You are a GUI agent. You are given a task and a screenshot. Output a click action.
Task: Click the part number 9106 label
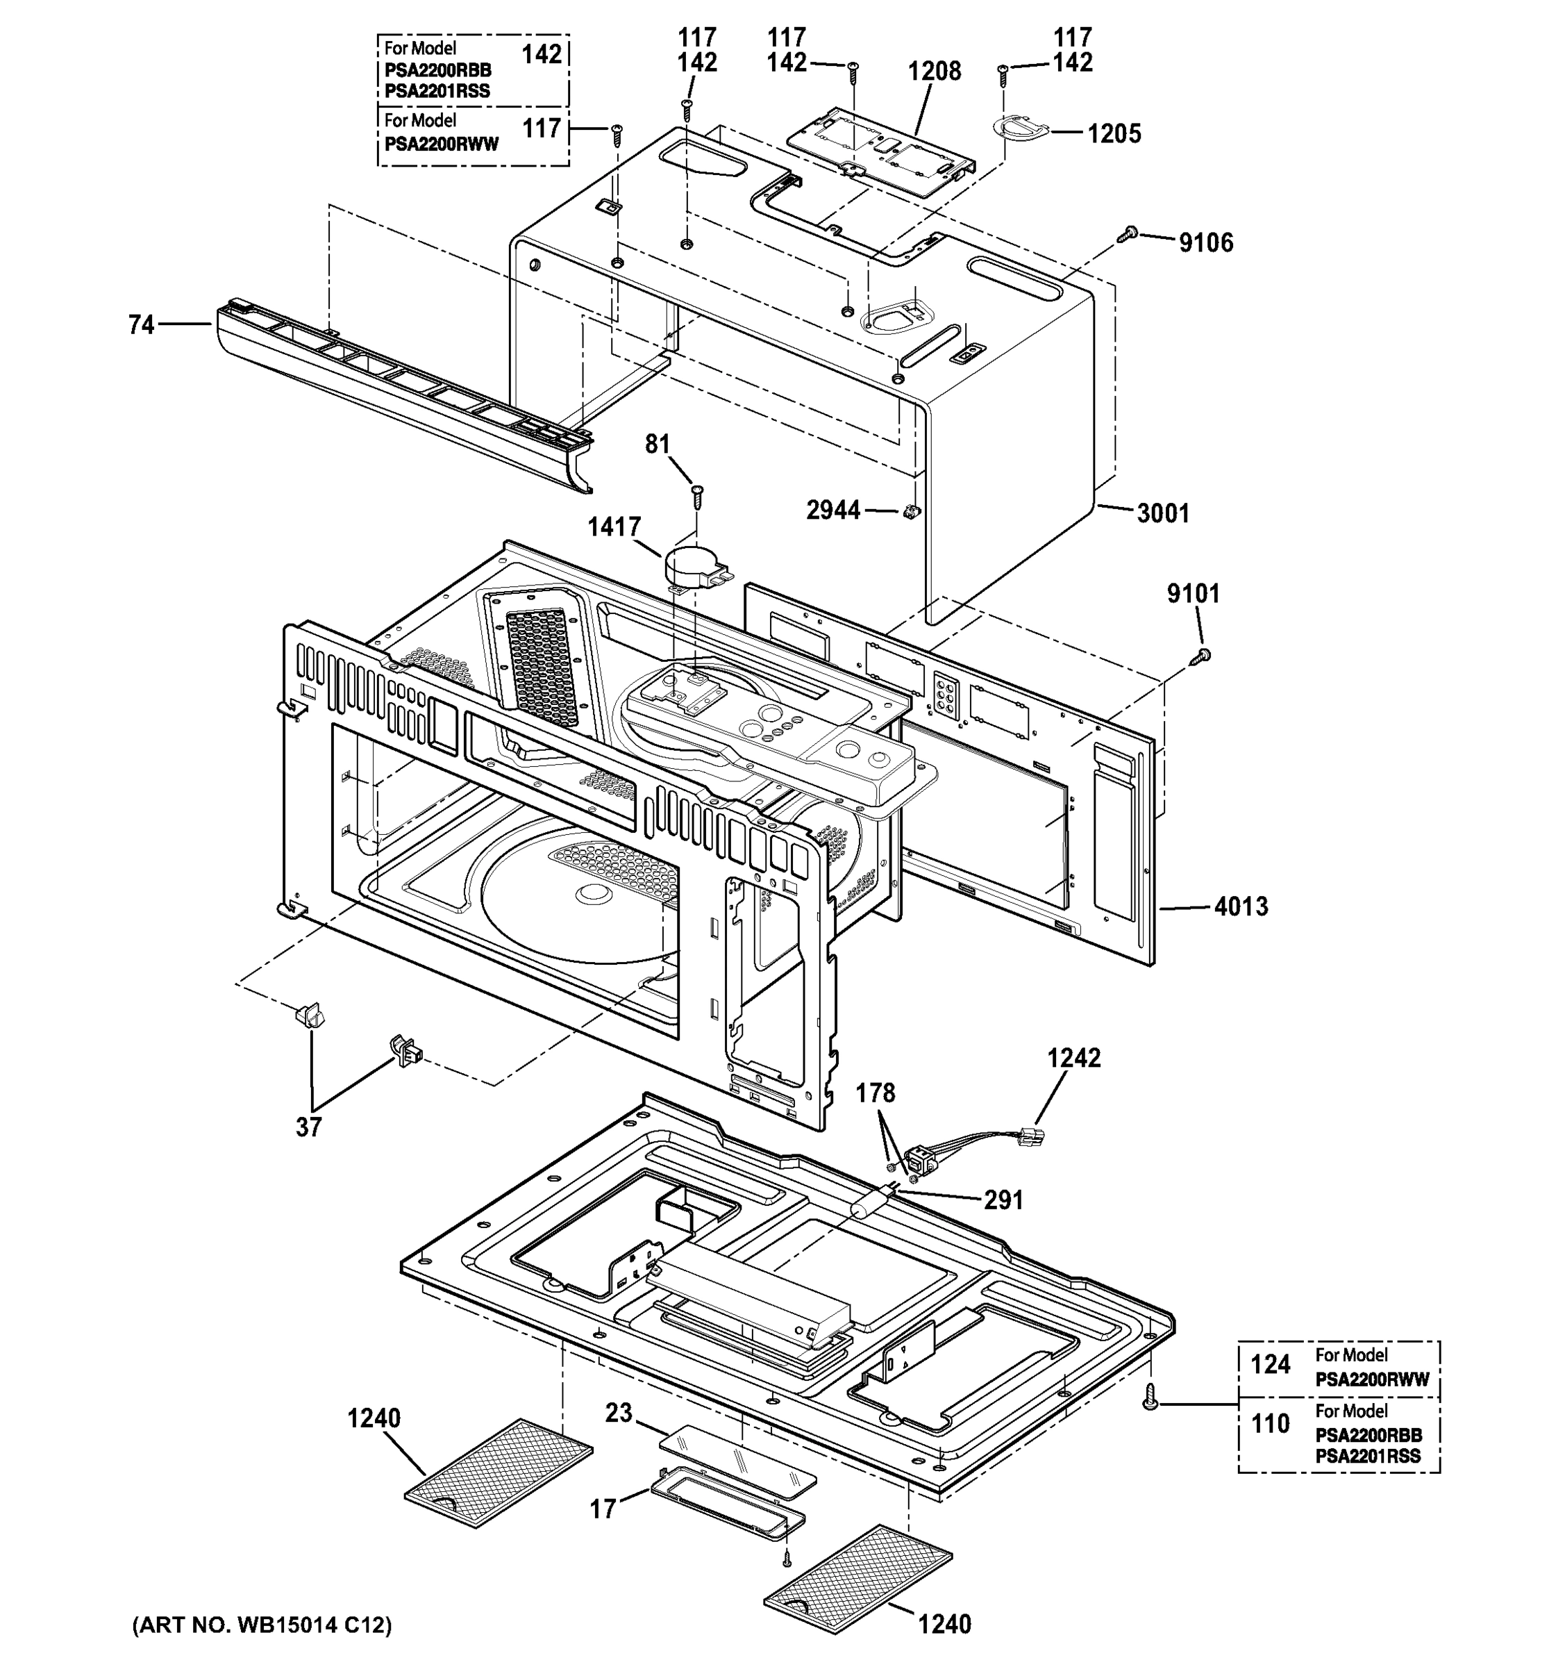[x=1205, y=243]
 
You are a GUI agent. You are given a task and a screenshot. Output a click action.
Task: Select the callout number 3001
[x=1163, y=513]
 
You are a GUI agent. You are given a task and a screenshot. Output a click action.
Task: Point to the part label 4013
[x=1241, y=906]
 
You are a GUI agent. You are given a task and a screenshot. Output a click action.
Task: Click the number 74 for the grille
[x=142, y=324]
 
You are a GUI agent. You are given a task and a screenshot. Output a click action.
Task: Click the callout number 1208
[x=934, y=72]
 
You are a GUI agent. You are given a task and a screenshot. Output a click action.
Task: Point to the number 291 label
[x=1003, y=1201]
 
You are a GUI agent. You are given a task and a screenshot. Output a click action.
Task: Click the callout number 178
[x=875, y=1093]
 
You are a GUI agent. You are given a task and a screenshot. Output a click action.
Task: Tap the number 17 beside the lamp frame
[x=603, y=1510]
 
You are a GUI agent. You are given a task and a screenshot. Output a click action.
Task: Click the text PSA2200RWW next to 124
[x=1371, y=1380]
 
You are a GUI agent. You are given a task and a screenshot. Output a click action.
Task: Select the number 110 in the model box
[x=1270, y=1424]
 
